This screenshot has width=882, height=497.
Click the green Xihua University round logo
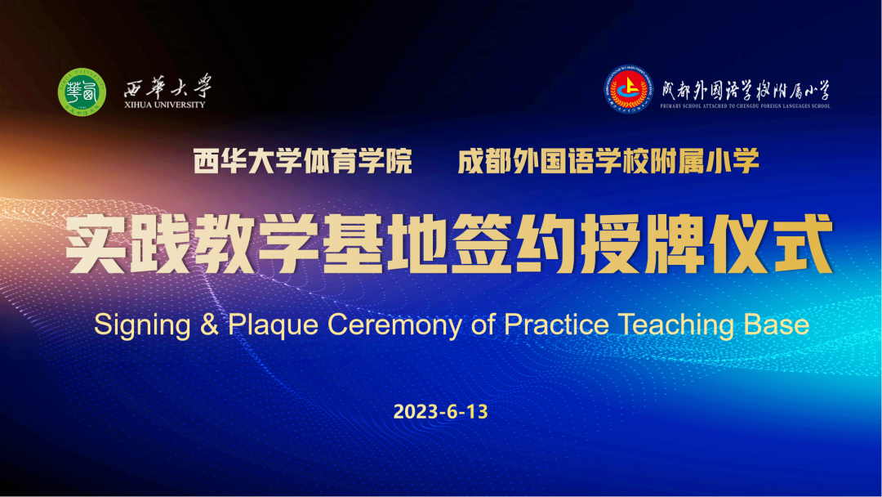pos(82,92)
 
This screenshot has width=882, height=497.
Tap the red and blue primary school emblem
pos(628,89)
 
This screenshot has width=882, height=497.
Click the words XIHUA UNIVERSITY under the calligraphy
pos(165,105)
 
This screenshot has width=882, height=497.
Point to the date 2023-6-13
pos(440,411)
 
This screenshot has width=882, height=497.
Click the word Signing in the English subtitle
pos(142,325)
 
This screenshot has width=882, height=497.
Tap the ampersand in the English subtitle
pos(209,325)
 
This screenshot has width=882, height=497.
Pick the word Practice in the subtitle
pos(556,325)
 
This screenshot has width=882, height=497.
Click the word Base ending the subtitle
pos(777,325)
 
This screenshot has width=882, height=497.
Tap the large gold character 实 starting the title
pos(96,244)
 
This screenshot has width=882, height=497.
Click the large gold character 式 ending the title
pos(803,244)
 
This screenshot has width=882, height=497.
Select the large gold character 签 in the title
pos(482,244)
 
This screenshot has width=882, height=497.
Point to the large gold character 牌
pos(675,244)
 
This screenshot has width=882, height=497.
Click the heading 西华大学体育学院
pos(303,161)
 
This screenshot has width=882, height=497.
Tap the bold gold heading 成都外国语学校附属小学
pos(608,161)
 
